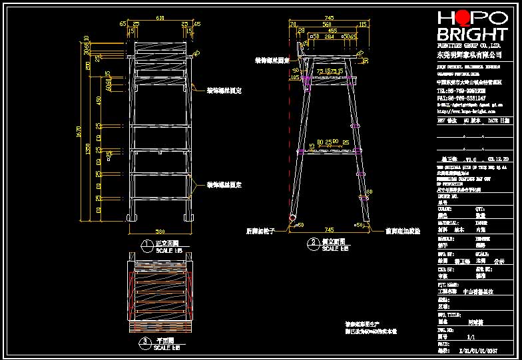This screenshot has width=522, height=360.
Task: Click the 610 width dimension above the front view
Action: click(160, 18)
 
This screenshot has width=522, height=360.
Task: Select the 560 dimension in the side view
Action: click(326, 24)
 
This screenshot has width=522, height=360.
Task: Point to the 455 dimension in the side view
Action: click(331, 31)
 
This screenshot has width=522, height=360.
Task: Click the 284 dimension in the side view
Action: click(328, 37)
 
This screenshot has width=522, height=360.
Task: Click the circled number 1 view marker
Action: click(145, 245)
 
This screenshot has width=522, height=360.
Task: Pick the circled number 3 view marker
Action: click(145, 343)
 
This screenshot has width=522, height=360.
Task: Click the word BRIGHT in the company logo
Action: click(471, 35)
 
